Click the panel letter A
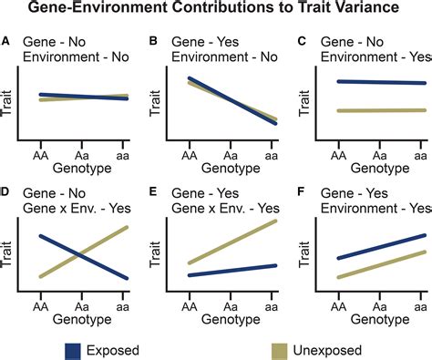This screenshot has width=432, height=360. click(x=7, y=40)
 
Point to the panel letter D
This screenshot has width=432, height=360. click(x=7, y=192)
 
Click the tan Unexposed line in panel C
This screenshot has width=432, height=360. click(x=380, y=110)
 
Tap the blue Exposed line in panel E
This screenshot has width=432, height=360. click(x=231, y=271)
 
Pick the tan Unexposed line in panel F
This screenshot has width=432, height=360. click(x=380, y=264)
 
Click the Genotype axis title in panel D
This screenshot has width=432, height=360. click(x=81, y=311)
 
